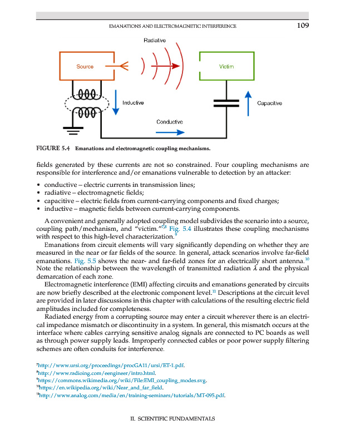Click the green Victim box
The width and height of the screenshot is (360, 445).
226,66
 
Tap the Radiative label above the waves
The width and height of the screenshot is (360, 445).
154,41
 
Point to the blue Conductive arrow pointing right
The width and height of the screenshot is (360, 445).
170,132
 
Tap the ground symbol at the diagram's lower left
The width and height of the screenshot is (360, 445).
71,131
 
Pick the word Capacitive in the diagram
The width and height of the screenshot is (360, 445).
269,103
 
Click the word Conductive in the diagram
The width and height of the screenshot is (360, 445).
170,121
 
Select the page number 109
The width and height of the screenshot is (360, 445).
303,26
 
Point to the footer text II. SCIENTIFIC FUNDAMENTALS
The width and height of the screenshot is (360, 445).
168,418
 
